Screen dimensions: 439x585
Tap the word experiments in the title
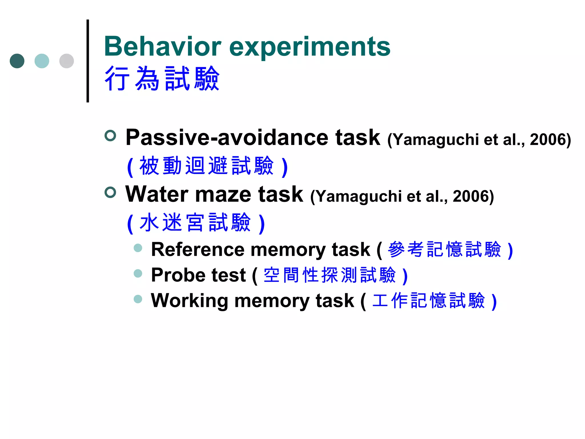click(310, 47)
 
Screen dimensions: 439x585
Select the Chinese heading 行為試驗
click(162, 78)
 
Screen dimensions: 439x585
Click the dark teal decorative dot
click(17, 61)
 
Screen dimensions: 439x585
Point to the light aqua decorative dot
click(42, 61)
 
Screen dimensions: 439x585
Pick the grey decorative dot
click(67, 61)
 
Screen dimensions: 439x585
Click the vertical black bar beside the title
click(88, 61)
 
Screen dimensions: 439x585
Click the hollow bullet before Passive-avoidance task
click(110, 135)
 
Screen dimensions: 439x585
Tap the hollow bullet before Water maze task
click(110, 192)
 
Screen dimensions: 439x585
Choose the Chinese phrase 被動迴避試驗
click(207, 166)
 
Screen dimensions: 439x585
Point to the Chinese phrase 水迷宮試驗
click(195, 222)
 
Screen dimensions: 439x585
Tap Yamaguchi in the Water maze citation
click(359, 197)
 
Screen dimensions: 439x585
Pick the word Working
click(189, 301)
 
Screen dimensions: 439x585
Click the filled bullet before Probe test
click(138, 274)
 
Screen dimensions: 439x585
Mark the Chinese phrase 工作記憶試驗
click(429, 301)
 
